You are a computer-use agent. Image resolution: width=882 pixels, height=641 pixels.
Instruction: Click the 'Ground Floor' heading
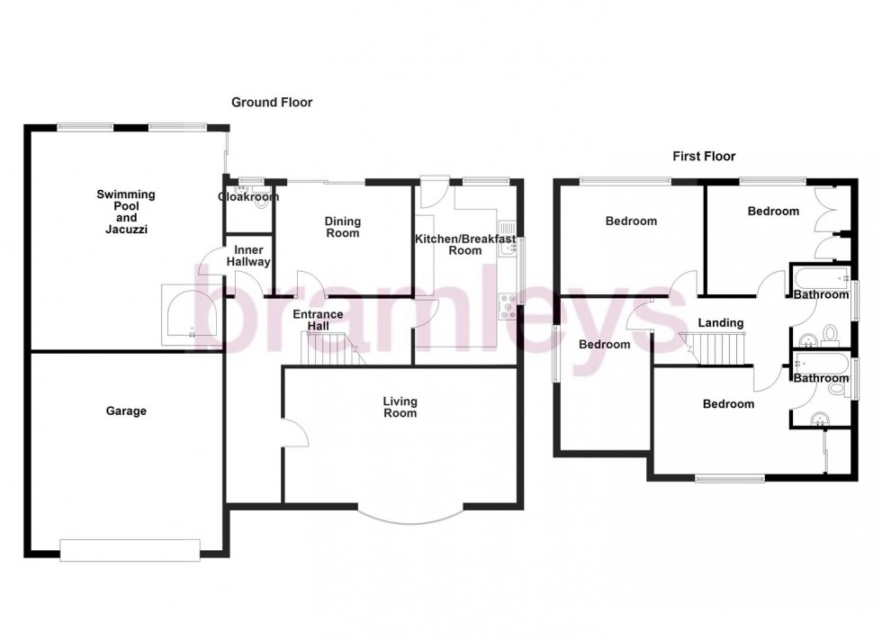click(272, 103)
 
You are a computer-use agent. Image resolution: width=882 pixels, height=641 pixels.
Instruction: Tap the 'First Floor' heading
click(704, 157)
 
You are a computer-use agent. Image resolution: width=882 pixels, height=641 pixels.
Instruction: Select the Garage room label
click(127, 411)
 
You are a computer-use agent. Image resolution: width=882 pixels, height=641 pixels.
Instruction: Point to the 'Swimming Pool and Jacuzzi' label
click(126, 212)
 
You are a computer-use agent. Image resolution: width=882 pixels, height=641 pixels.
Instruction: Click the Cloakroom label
click(248, 197)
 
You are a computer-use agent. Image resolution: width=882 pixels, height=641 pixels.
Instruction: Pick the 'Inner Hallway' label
click(248, 256)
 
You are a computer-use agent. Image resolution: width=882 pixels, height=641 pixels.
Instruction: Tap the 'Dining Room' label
click(342, 227)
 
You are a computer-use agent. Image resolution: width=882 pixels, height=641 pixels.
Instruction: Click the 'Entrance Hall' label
click(318, 320)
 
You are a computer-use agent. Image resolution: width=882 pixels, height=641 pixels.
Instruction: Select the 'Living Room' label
click(400, 407)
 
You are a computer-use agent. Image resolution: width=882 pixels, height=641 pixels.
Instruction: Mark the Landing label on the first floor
click(721, 323)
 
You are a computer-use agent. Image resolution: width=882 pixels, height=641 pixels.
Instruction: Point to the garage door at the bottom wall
click(130, 549)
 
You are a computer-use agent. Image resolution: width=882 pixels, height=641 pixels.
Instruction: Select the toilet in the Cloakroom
click(261, 204)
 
